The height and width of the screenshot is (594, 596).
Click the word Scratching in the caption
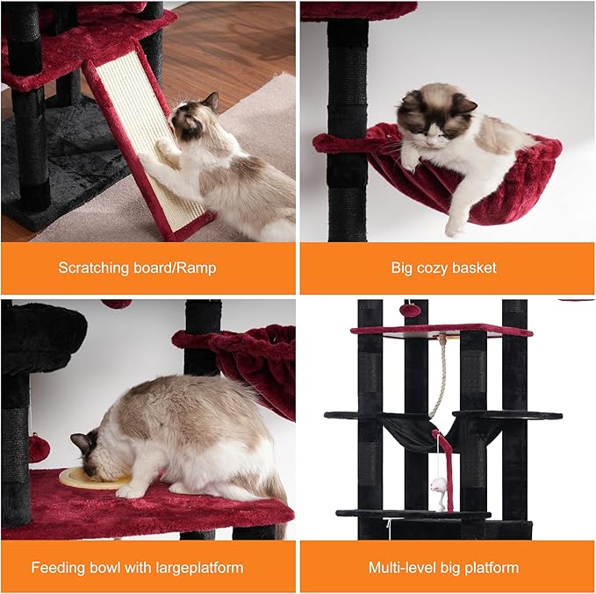pos(94,268)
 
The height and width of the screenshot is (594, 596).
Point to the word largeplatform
pos(197,568)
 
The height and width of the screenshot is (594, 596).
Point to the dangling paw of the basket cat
pos(454,225)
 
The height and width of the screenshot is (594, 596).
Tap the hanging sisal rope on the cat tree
pos(439,377)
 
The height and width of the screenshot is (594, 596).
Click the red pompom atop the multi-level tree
pos(407,310)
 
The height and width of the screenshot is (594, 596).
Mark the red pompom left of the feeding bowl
pos(39,448)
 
